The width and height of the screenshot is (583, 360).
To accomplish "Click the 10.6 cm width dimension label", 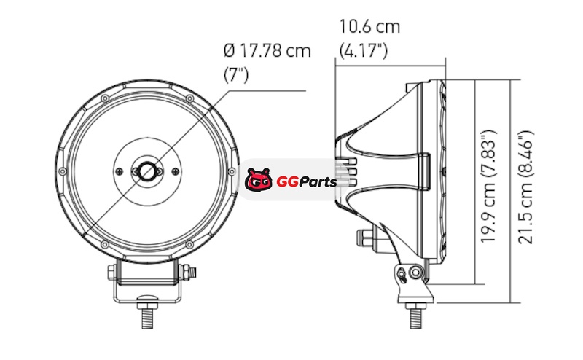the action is coord(369,27).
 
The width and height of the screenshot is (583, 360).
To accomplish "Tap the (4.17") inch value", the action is coord(363,50).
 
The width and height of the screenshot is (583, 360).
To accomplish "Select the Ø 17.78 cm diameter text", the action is coord(267,50).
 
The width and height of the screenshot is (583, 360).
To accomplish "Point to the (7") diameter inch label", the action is coord(235,75).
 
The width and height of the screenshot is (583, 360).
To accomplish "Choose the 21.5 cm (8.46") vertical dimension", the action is coord(525,187).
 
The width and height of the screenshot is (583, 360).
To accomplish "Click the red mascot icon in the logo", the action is coord(258,179).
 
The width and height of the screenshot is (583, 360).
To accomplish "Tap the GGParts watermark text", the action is coord(306,182).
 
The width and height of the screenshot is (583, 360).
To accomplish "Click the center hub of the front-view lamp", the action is coord(147,171).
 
